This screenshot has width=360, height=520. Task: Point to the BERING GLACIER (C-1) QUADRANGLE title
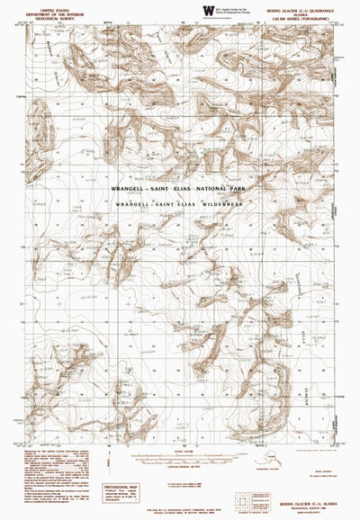[x=307, y=4]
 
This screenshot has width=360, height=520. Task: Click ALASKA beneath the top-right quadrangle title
[x=307, y=9]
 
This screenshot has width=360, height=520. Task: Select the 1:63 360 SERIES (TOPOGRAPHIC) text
[x=307, y=14]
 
